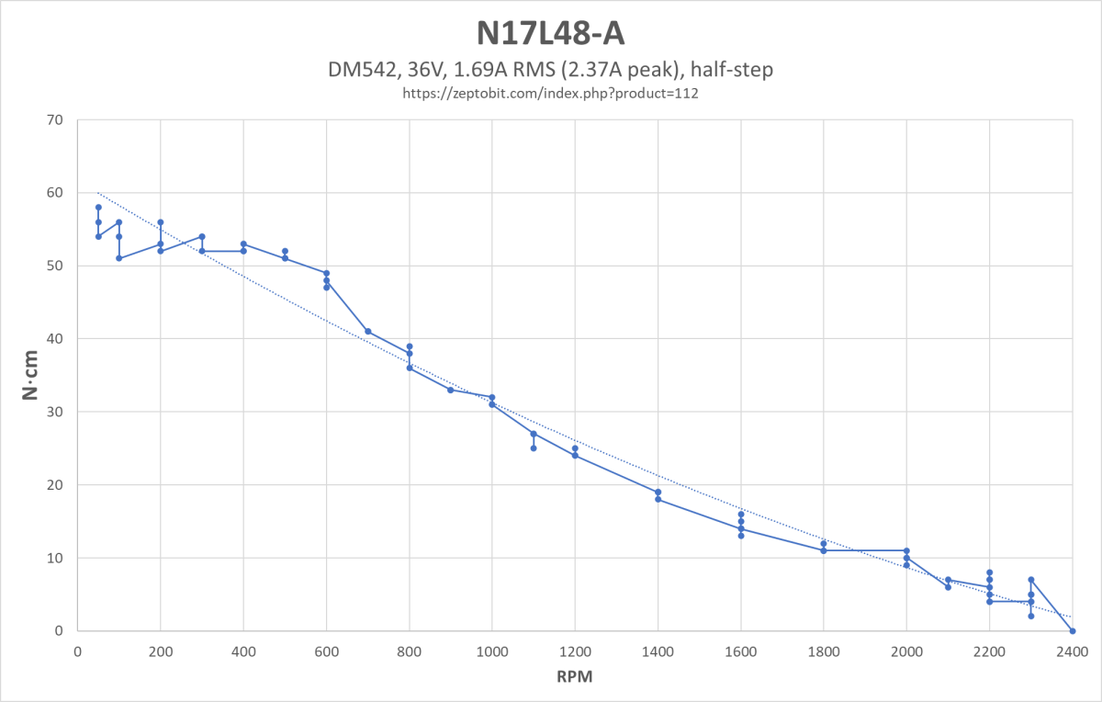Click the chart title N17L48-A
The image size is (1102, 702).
tap(551, 33)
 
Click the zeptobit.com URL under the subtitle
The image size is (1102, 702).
tap(551, 93)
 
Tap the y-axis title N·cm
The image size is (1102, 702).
tap(30, 375)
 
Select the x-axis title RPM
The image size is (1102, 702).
tap(575, 677)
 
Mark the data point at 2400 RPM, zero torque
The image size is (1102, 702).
tap(1073, 631)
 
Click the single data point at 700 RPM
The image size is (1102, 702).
tap(368, 332)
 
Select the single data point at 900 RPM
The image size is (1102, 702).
tap(451, 390)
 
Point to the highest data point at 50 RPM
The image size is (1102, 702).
tap(98, 208)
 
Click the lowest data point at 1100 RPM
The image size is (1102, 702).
tap(534, 448)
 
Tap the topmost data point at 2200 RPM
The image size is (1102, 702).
tap(990, 572)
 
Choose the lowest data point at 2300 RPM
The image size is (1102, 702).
tap(1031, 617)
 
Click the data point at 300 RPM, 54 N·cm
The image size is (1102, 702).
tap(202, 237)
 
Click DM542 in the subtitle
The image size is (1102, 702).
tap(357, 70)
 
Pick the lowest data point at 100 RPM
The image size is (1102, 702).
tap(119, 258)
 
